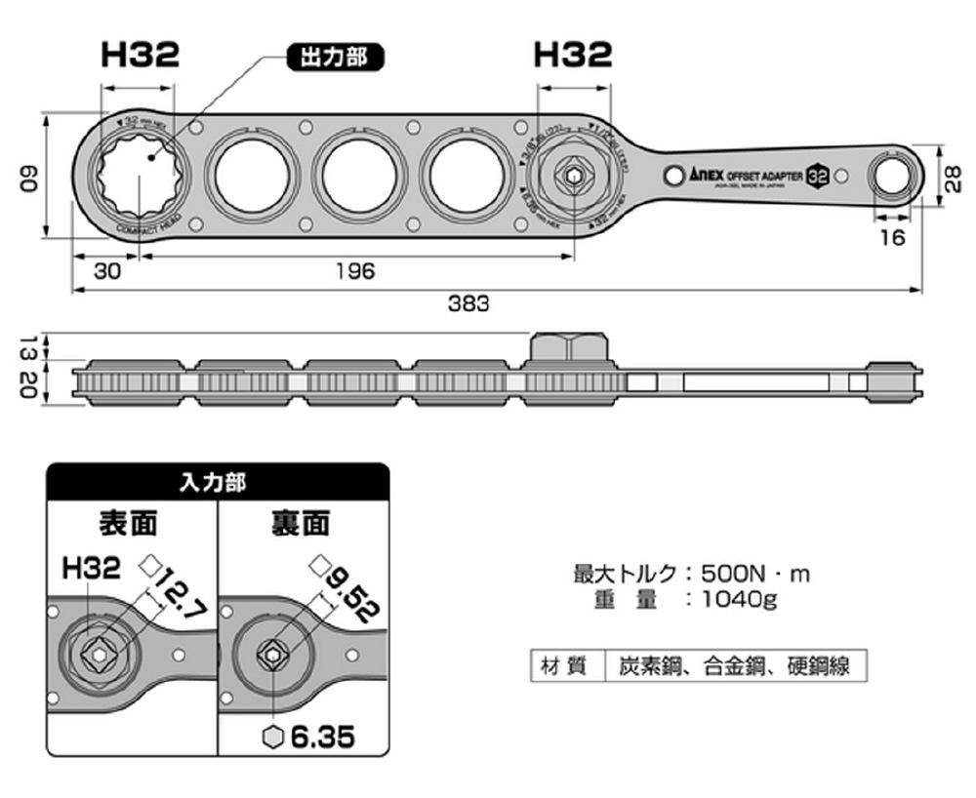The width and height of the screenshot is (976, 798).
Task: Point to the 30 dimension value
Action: click(x=107, y=272)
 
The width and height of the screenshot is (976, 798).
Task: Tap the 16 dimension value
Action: click(x=892, y=237)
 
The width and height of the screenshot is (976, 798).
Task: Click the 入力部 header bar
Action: click(x=218, y=482)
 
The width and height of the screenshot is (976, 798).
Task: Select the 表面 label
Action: click(x=129, y=523)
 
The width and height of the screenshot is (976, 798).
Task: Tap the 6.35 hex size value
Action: click(x=321, y=736)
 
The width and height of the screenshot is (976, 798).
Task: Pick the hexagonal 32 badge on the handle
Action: click(x=818, y=176)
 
